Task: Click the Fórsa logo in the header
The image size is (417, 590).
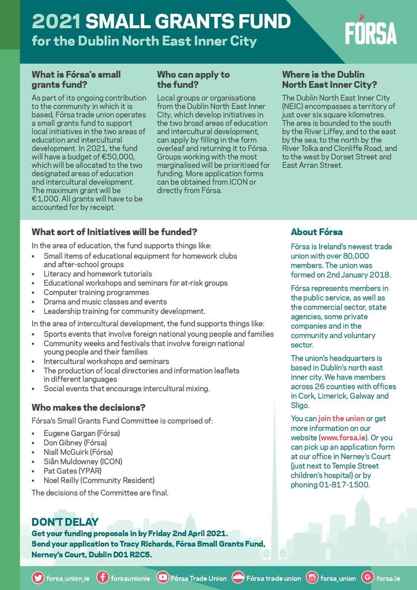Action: [371, 33]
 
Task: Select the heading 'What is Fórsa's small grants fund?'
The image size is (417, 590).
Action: [76, 80]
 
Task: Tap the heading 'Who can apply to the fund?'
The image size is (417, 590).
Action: [193, 80]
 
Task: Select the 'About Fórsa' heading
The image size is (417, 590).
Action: [316, 232]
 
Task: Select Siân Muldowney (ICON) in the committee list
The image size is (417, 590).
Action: [83, 461]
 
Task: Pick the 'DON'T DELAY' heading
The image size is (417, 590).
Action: [65, 522]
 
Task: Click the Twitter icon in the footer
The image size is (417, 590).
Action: [38, 577]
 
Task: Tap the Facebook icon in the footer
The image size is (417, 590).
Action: [103, 577]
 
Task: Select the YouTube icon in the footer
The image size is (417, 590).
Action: [163, 577]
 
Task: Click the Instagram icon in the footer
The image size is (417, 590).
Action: [312, 577]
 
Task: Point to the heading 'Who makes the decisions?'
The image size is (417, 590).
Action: [88, 407]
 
